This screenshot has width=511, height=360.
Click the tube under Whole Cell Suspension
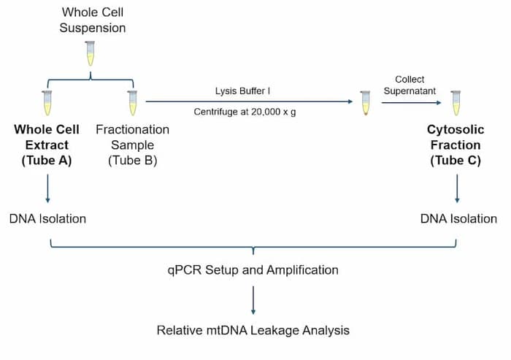pyautogui.click(x=90, y=53)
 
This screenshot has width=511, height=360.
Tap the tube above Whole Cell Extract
pyautogui.click(x=47, y=103)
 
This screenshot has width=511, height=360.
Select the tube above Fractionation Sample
pyautogui.click(x=132, y=103)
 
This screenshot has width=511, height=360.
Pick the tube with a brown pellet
pyautogui.click(x=365, y=103)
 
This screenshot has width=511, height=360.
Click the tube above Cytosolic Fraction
pyautogui.click(x=456, y=103)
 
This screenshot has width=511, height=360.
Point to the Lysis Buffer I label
pyautogui.click(x=242, y=91)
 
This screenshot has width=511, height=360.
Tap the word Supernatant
pyautogui.click(x=410, y=91)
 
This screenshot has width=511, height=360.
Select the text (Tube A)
pyautogui.click(x=47, y=161)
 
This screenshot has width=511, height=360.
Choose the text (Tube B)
pyautogui.click(x=133, y=161)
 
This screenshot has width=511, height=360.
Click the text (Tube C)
pyautogui.click(x=456, y=161)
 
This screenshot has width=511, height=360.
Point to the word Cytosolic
pyautogui.click(x=456, y=129)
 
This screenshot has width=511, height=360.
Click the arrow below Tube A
pyautogui.click(x=48, y=188)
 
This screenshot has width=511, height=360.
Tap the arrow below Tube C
pyautogui.click(x=457, y=188)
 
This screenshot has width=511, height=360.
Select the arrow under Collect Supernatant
pyautogui.click(x=411, y=103)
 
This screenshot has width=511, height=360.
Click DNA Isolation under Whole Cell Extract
pyautogui.click(x=47, y=219)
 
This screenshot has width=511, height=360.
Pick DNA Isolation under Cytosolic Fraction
pyautogui.click(x=458, y=219)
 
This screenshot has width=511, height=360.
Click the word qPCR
pyautogui.click(x=185, y=270)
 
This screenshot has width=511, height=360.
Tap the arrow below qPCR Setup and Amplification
pyautogui.click(x=253, y=300)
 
